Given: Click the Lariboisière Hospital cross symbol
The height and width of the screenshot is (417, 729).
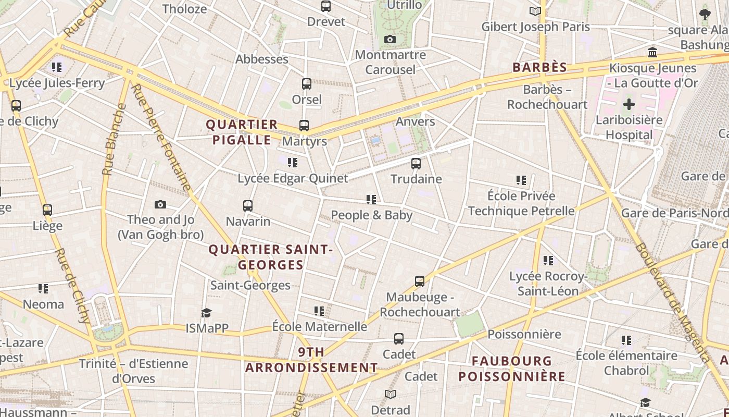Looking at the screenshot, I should coord(629,104).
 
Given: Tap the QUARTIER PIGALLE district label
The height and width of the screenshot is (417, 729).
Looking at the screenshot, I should coord(242,132).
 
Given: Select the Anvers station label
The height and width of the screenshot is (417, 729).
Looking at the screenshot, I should coord(415,121).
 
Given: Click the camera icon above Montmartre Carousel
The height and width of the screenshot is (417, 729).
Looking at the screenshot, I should coord(390,40).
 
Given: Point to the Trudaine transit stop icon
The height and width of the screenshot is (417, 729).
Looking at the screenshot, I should coord(416,164).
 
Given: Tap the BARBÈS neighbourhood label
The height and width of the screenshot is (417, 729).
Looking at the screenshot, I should coord(539,67).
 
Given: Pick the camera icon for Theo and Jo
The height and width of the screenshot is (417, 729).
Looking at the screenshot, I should coord(160,205).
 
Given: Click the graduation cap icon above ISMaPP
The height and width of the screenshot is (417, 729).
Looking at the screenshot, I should coord(207,313).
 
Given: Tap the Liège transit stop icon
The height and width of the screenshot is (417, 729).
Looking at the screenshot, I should coord(47,210).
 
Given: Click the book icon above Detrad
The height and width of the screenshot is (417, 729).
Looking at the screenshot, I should coord(391,395).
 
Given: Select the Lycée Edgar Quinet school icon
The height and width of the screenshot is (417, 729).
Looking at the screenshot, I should coord(293,163).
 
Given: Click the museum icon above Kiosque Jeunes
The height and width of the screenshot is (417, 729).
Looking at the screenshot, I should coord(652,52).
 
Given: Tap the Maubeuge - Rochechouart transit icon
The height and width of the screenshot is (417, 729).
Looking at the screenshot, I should coord(420,281).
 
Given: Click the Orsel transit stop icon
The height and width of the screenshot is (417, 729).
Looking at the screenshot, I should coord(307,84).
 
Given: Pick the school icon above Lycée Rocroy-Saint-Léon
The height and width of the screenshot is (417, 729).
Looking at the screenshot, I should coord(548,260).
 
